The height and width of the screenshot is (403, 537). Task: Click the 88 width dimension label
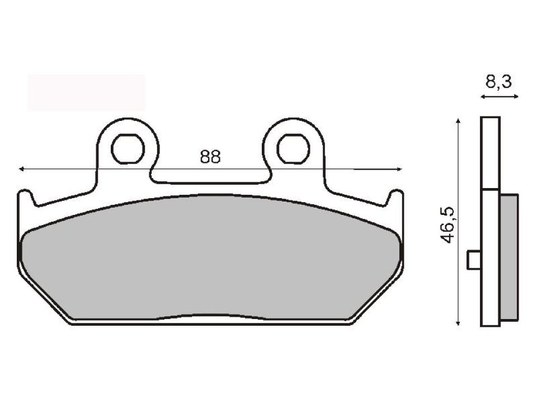[x=210, y=157]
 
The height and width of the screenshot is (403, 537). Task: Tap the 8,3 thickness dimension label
[x=498, y=83]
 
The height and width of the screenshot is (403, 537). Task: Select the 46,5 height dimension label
[x=448, y=224]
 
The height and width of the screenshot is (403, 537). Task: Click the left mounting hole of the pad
[x=127, y=148]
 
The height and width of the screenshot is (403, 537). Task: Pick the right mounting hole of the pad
[x=294, y=148]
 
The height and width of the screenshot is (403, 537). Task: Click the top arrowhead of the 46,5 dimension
[x=458, y=121]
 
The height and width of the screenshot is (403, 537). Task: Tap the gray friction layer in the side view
[x=508, y=257]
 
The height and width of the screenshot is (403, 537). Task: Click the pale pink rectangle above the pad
[x=86, y=92]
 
